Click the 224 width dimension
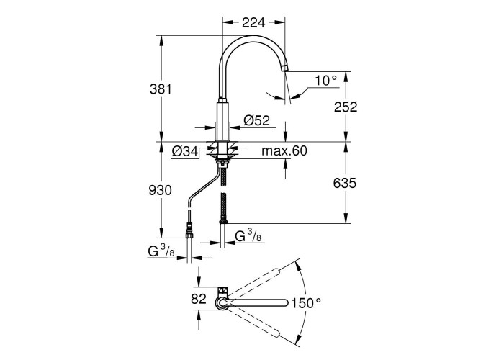tap(253, 22)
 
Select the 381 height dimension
tap(161, 89)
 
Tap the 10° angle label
tap(325, 81)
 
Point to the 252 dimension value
tap(346, 107)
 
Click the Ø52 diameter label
tap(256, 120)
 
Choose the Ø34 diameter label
tap(186, 151)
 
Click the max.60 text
tap(284, 150)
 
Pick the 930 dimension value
tap(161, 190)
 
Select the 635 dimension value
tap(345, 183)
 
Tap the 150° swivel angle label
tap(306, 303)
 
